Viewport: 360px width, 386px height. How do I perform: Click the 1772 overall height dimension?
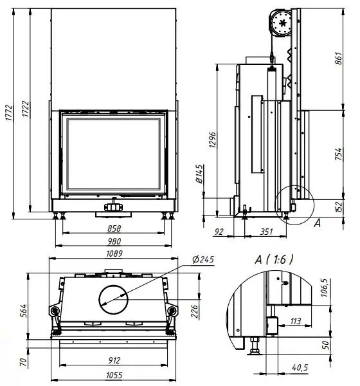9,113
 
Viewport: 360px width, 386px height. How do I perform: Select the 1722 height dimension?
25,109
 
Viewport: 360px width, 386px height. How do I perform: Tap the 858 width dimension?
114,228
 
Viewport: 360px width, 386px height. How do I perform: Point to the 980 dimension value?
114,241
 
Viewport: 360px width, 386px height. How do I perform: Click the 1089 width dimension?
114,253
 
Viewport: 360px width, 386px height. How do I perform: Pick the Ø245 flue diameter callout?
203,259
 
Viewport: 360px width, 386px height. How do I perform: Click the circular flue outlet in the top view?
113,300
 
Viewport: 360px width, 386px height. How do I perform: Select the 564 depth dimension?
23,311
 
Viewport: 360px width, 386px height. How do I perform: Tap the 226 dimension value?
194,311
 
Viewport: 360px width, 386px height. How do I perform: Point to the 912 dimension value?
114,361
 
